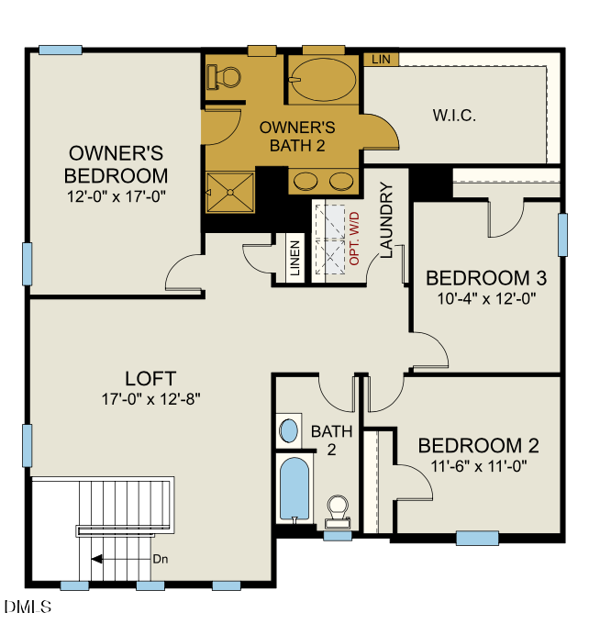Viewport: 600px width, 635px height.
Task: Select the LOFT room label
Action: (150, 378)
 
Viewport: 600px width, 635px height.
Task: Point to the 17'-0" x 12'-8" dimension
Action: (150, 399)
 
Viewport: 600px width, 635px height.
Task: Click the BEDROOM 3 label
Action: (480, 277)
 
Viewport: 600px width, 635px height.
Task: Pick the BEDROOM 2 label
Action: (478, 446)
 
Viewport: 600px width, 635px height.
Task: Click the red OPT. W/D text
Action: (354, 239)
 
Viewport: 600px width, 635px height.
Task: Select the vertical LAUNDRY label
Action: (386, 220)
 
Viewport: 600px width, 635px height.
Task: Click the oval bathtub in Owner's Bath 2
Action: (322, 81)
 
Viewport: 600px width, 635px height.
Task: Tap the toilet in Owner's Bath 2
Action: (220, 76)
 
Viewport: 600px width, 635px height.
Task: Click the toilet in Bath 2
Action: (338, 509)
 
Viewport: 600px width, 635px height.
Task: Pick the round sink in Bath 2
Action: (289, 429)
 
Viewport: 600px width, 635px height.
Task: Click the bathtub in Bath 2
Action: (294, 488)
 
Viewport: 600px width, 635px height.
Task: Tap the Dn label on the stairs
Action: (160, 559)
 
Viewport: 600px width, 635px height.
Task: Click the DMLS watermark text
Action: (28, 607)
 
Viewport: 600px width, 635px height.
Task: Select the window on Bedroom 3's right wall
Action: (562, 235)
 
